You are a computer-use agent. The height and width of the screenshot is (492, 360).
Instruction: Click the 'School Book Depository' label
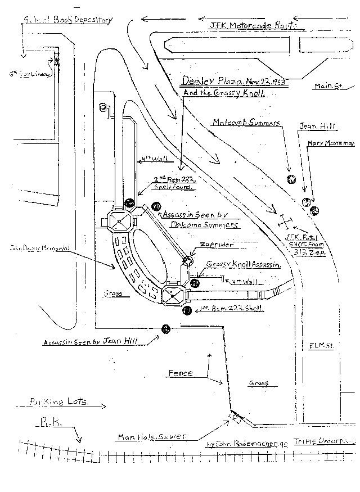[67, 20]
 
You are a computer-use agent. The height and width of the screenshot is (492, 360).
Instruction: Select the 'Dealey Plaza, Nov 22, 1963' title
[233, 81]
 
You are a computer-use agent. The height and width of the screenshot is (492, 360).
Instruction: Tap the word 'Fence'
[181, 373]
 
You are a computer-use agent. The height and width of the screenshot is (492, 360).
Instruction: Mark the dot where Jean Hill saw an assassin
[165, 329]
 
